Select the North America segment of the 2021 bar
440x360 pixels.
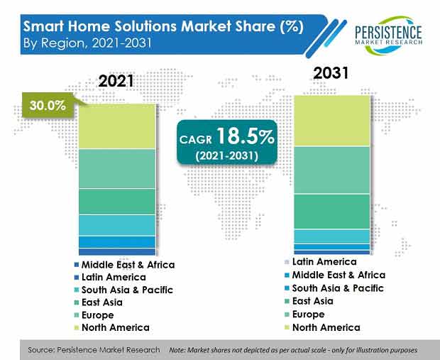(116, 126)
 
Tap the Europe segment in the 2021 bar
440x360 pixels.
(116, 168)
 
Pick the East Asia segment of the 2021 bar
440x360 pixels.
(116, 201)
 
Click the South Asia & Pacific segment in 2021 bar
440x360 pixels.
(116, 224)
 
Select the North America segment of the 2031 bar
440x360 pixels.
(332, 120)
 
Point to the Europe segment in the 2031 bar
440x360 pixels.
(332, 170)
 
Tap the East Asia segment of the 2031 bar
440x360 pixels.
(332, 211)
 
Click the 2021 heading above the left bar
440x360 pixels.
(116, 82)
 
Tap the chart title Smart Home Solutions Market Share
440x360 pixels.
(163, 26)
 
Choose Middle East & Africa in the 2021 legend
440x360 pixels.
(128, 264)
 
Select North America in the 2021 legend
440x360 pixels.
(115, 327)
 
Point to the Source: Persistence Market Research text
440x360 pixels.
(94, 350)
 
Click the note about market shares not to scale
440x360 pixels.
(293, 350)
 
